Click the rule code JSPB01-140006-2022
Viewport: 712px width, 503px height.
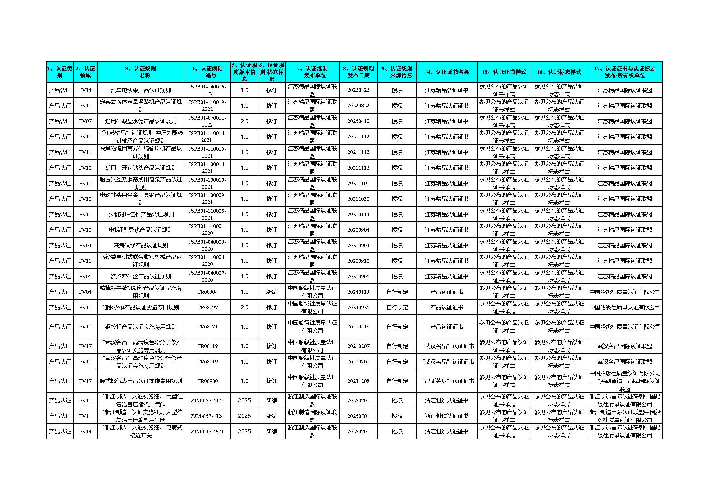click(207, 90)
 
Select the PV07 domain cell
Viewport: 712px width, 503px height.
click(85, 121)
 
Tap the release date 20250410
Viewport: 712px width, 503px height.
click(358, 121)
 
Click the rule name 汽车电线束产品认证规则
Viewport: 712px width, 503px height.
click(141, 90)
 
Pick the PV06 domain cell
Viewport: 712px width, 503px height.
click(85, 276)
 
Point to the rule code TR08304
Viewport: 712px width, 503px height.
click(207, 292)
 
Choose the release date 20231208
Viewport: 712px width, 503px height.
click(358, 381)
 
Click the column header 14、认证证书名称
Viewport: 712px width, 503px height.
click(447, 72)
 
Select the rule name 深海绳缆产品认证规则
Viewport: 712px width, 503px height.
click(141, 245)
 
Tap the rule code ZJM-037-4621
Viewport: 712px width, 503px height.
click(207, 432)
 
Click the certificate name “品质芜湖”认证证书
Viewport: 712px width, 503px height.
click(447, 381)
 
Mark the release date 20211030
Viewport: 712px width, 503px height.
click(358, 199)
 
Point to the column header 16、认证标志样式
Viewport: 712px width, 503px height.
click(559, 72)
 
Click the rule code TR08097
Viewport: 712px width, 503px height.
click(207, 307)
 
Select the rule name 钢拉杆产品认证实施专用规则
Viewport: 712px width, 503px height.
click(141, 327)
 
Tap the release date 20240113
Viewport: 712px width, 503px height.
click(358, 292)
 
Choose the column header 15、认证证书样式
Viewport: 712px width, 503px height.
click(504, 72)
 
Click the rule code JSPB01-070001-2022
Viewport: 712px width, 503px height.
click(207, 121)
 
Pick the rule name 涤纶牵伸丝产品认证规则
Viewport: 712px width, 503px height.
click(141, 276)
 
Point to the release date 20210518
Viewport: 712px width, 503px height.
click(358, 327)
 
